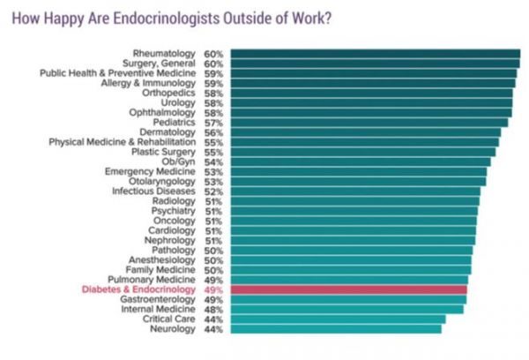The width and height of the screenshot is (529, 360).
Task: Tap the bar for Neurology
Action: pyautogui.click(x=335, y=329)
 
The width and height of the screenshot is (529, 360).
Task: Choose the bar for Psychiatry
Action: pyautogui.click(x=354, y=211)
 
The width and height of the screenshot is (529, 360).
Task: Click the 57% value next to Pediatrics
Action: pyautogui.click(x=212, y=123)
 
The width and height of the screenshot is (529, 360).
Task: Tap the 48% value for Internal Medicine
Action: pyautogui.click(x=212, y=309)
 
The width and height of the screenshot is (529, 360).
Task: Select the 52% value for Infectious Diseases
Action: pyautogui.click(x=212, y=191)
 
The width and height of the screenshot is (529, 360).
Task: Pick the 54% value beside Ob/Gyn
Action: pyautogui.click(x=212, y=161)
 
